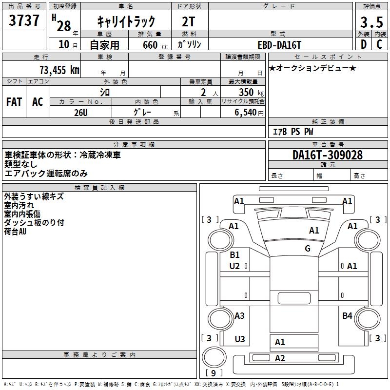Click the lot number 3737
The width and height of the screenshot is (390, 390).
pyautogui.click(x=24, y=21)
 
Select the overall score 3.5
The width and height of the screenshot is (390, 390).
pyautogui.click(x=371, y=23)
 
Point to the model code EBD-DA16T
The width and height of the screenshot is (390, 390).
pyautogui.click(x=280, y=44)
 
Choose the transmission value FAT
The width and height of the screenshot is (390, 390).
pyautogui.click(x=14, y=102)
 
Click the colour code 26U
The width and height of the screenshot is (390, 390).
pyautogui.click(x=81, y=112)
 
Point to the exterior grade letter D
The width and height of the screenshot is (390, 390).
pyautogui.click(x=363, y=44)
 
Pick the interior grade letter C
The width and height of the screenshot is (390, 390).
pyautogui.click(x=379, y=44)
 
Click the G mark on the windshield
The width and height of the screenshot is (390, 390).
pyautogui.click(x=308, y=249)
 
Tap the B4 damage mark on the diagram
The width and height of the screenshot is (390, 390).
pyautogui.click(x=347, y=316)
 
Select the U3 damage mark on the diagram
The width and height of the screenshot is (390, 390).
pyautogui.click(x=240, y=339)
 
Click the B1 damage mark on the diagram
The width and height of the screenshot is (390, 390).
pyautogui.click(x=234, y=255)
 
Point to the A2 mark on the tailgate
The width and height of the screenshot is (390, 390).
pyautogui.click(x=280, y=359)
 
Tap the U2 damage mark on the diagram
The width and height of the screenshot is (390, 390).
pyautogui.click(x=234, y=266)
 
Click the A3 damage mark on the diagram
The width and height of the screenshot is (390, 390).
pyautogui.click(x=239, y=316)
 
